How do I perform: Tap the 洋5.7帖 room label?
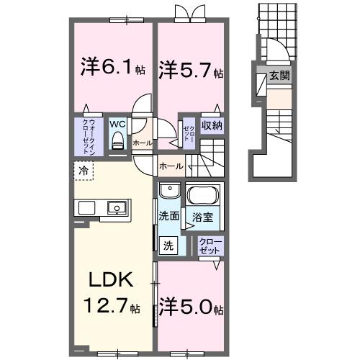coord(191,71)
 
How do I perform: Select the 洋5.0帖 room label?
coord(191,307)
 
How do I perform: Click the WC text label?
coord(117,123)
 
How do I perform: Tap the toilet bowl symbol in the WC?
coord(117,140)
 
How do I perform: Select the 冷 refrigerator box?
coord(84,171)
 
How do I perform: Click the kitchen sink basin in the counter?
coord(115,208)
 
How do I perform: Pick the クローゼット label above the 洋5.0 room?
coord(210,246)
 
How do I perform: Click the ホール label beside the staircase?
coord(170,166)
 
